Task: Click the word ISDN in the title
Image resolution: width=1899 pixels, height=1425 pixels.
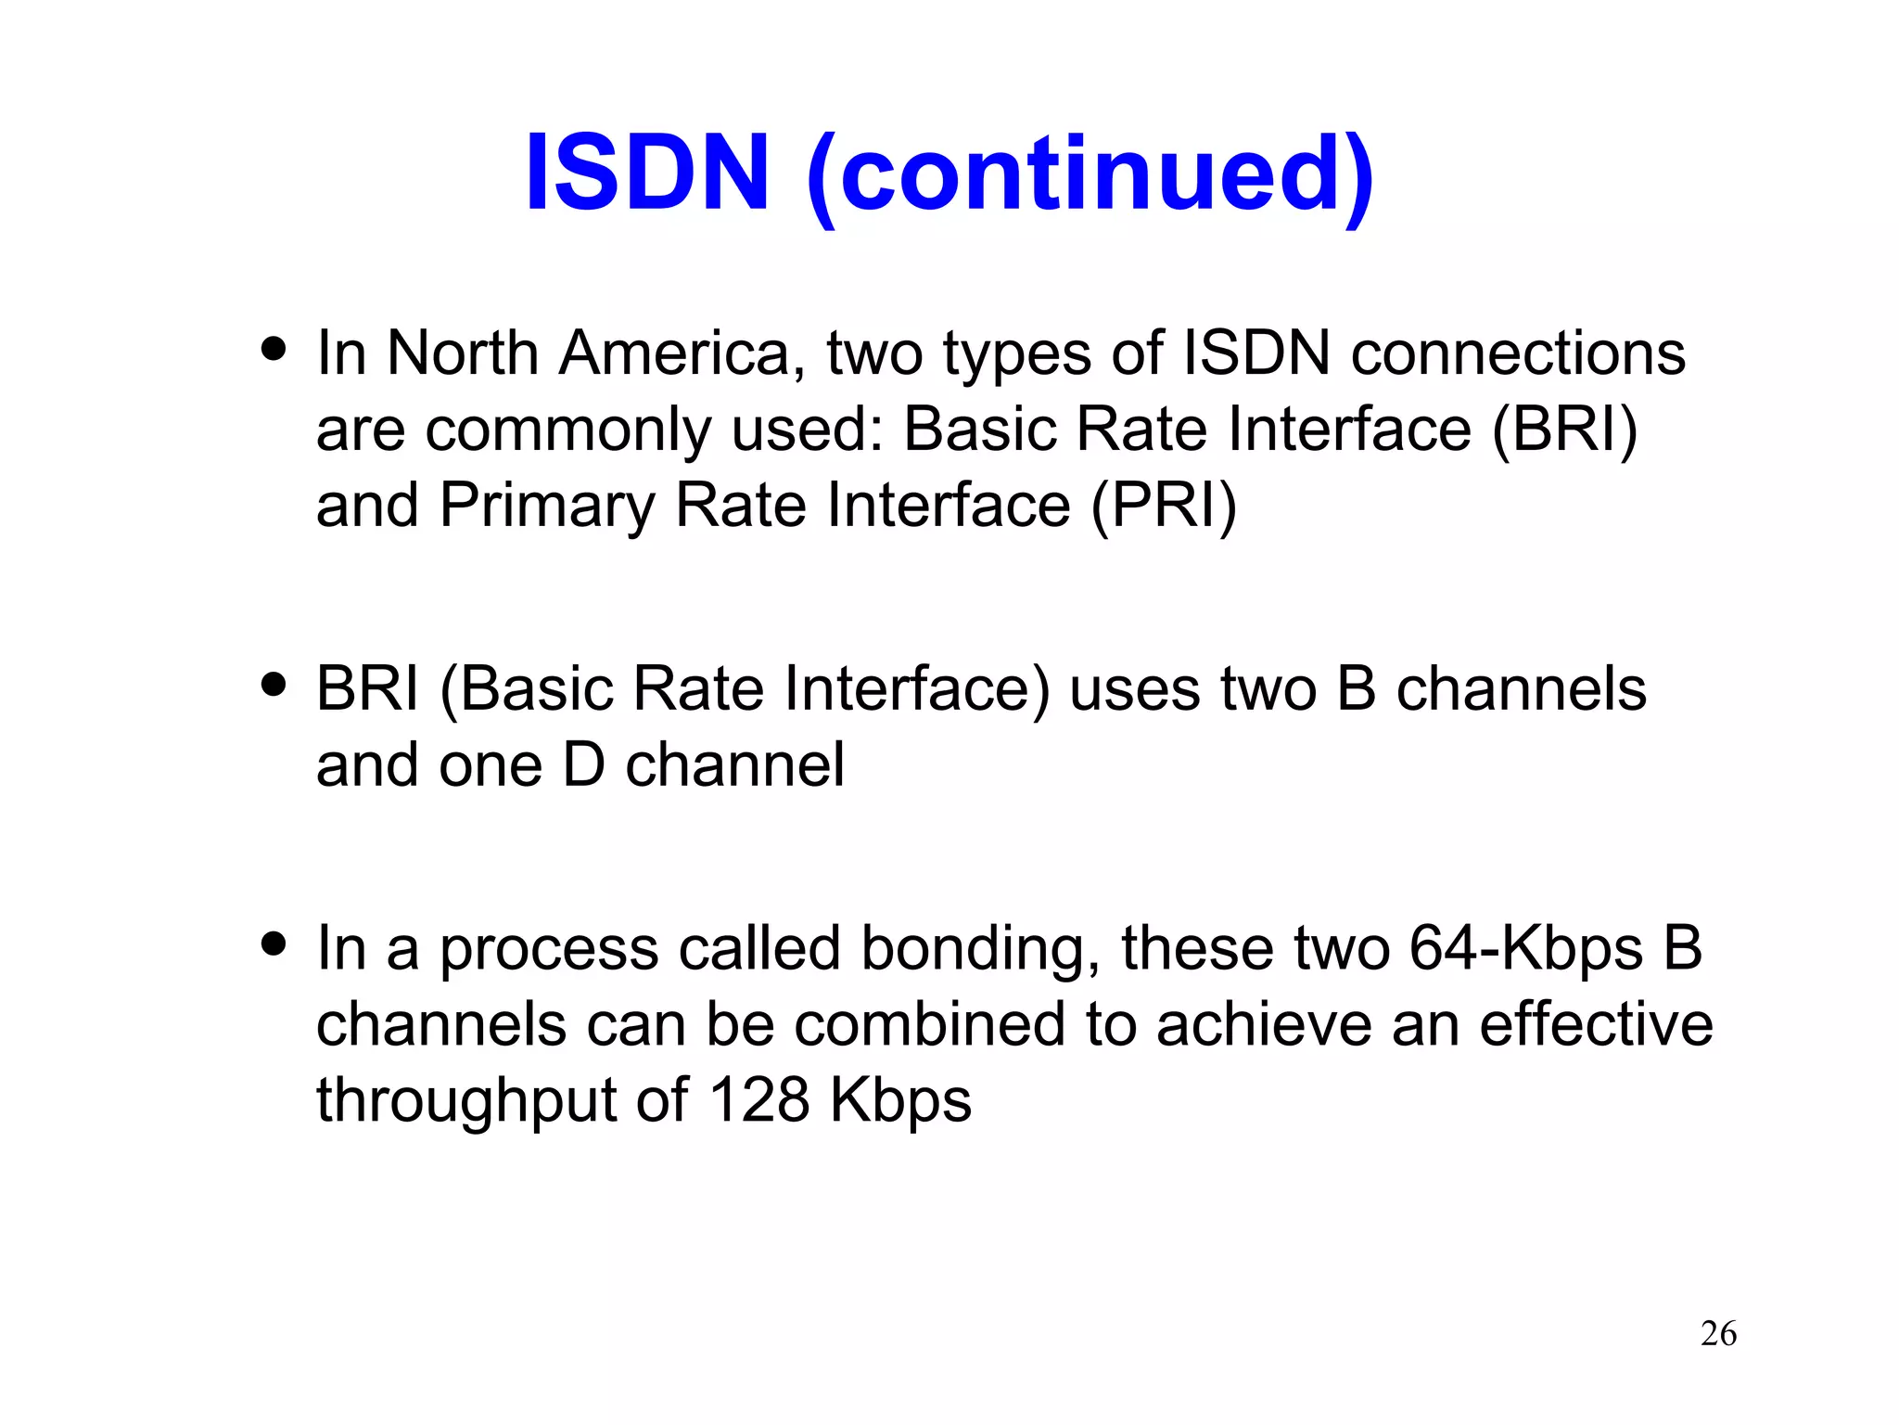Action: tap(646, 173)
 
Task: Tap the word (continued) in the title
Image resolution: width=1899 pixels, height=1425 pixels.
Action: tap(1089, 176)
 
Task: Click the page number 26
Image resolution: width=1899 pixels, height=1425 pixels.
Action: tap(1718, 1334)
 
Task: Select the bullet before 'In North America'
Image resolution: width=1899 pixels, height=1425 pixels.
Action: tap(274, 350)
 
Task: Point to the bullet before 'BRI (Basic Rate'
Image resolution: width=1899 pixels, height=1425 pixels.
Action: tap(274, 686)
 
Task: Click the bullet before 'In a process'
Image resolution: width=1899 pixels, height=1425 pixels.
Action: tap(274, 944)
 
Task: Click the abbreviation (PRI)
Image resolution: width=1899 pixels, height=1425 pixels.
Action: tap(1164, 506)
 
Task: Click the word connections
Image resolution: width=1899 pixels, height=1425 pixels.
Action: tap(1518, 353)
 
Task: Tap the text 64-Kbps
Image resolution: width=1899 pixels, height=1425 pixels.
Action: tap(1525, 950)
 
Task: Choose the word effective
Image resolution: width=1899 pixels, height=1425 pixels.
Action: tap(1596, 1025)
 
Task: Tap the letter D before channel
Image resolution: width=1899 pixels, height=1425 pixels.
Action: tap(583, 765)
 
